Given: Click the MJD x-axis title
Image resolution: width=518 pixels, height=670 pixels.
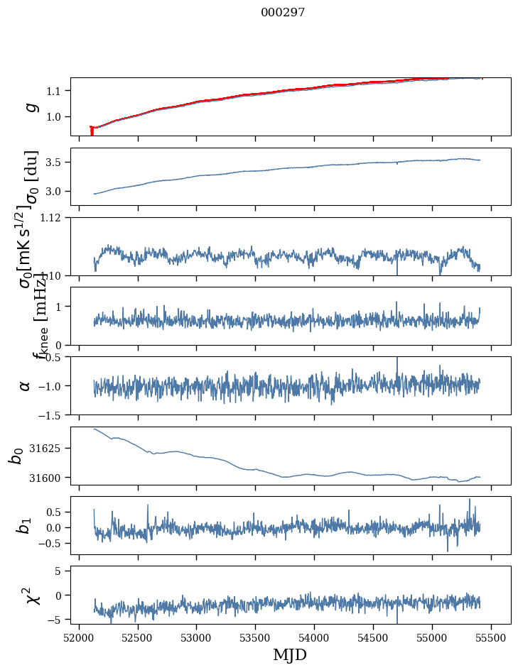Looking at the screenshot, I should pyautogui.click(x=290, y=654).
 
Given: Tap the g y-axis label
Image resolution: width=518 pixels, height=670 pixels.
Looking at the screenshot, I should pyautogui.click(x=31, y=106).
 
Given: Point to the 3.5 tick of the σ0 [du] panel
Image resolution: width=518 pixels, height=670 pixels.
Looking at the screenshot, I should pyautogui.click(x=55, y=163).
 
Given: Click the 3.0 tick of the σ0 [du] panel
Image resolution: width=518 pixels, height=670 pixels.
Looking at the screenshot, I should pyautogui.click(x=55, y=192).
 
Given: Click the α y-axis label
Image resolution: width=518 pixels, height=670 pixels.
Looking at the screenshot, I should pyautogui.click(x=26, y=385).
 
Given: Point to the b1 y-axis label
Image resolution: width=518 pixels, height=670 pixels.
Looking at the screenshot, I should pyautogui.click(x=25, y=525).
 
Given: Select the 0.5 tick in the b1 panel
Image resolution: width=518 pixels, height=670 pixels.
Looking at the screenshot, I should pyautogui.click(x=55, y=512).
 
